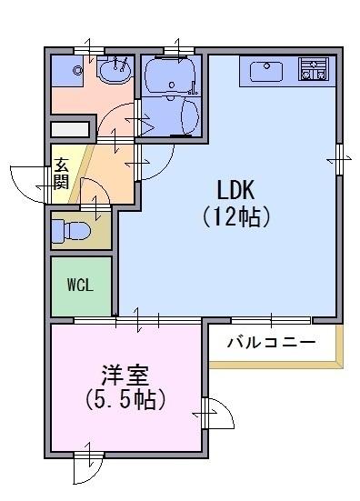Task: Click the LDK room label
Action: coord(235,190)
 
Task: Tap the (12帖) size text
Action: coord(236,216)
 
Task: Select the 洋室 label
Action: coord(125,376)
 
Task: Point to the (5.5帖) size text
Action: coord(125,399)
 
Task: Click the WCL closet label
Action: coord(80,285)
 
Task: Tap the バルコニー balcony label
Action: coord(272,343)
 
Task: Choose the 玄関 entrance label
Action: coord(61,174)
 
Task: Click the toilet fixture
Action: coord(71,230)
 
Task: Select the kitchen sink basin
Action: coord(266,71)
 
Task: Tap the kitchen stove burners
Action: coord(314,68)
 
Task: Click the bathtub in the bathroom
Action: coord(170,76)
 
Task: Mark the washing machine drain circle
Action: coord(77,70)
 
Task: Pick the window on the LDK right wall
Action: coord(340,159)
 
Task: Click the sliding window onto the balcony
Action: coord(271,320)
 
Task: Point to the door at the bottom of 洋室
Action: coord(88,467)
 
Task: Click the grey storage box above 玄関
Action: coord(70,129)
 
